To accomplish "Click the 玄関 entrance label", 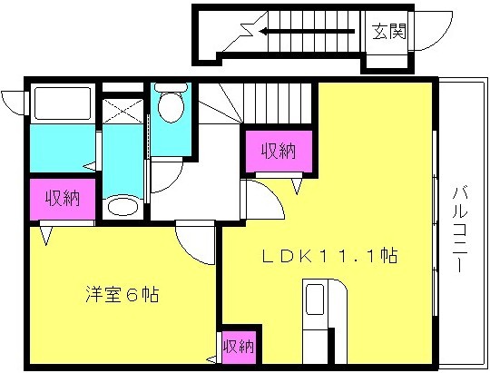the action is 389,31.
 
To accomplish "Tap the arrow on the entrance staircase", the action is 308,31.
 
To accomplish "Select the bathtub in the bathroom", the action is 63,103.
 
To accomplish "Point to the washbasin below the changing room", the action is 122,207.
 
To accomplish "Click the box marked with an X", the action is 122,111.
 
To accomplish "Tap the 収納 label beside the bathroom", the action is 63,198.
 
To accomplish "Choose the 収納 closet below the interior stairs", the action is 279,151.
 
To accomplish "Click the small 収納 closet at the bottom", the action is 239,347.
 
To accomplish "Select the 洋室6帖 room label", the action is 122,294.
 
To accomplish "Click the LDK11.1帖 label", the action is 329,256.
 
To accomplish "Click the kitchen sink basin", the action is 314,299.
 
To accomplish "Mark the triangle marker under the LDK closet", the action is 297,186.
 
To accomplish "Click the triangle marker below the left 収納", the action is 46,235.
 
